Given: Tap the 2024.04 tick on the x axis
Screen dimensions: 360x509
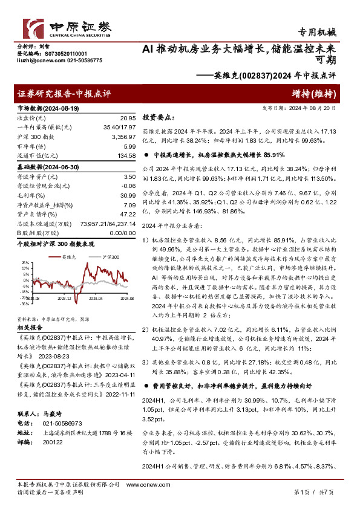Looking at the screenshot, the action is point(96,298).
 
